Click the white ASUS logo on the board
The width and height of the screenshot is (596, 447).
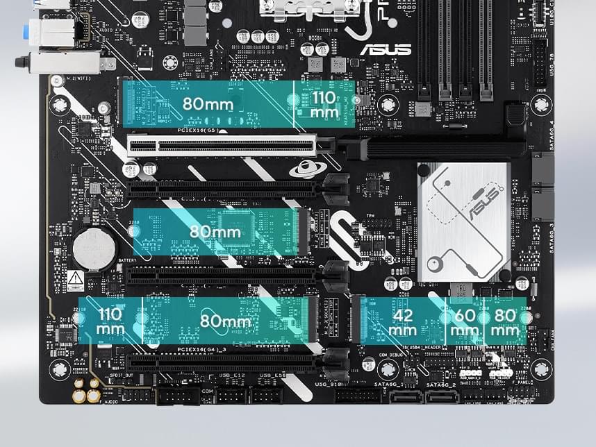385,50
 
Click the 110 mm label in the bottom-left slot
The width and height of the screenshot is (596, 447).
110,321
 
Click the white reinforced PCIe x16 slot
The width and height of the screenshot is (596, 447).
222,146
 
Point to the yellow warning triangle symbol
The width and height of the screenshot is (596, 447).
76,280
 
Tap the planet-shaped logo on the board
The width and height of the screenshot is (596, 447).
306,169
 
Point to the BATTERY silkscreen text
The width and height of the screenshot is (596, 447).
127,261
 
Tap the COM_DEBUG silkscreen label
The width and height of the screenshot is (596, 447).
392,355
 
